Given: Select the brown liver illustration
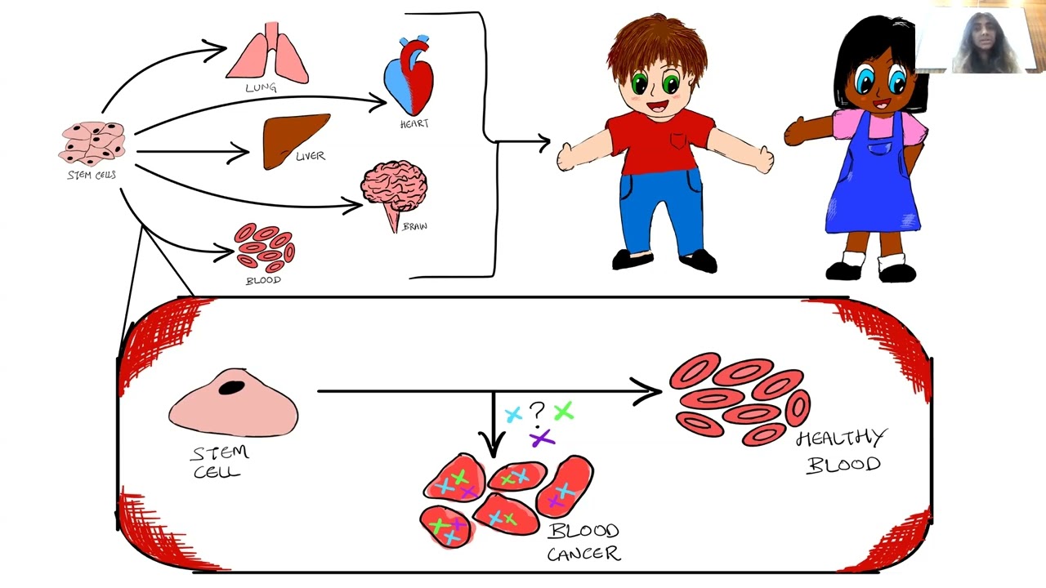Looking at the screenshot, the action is pos(294,140).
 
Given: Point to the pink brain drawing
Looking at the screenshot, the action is pos(395,191).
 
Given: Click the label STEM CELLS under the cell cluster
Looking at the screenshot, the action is pos(92,175).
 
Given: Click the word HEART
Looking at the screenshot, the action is pos(414,123).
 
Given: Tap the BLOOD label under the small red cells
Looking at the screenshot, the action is pos(263,280).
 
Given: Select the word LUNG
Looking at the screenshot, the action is pos(261,87).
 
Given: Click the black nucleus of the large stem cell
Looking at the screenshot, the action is pos(231,387).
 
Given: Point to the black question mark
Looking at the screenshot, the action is pos(537,413).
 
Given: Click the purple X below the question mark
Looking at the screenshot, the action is pos(542,439).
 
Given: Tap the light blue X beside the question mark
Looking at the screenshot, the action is pos(513,414).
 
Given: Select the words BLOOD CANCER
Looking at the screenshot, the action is pos(583,541).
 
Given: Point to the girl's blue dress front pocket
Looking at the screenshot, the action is pos(880,149).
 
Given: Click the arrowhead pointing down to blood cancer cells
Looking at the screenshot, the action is pos(492,444).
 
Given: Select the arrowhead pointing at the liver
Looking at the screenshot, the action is pos(239,153).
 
